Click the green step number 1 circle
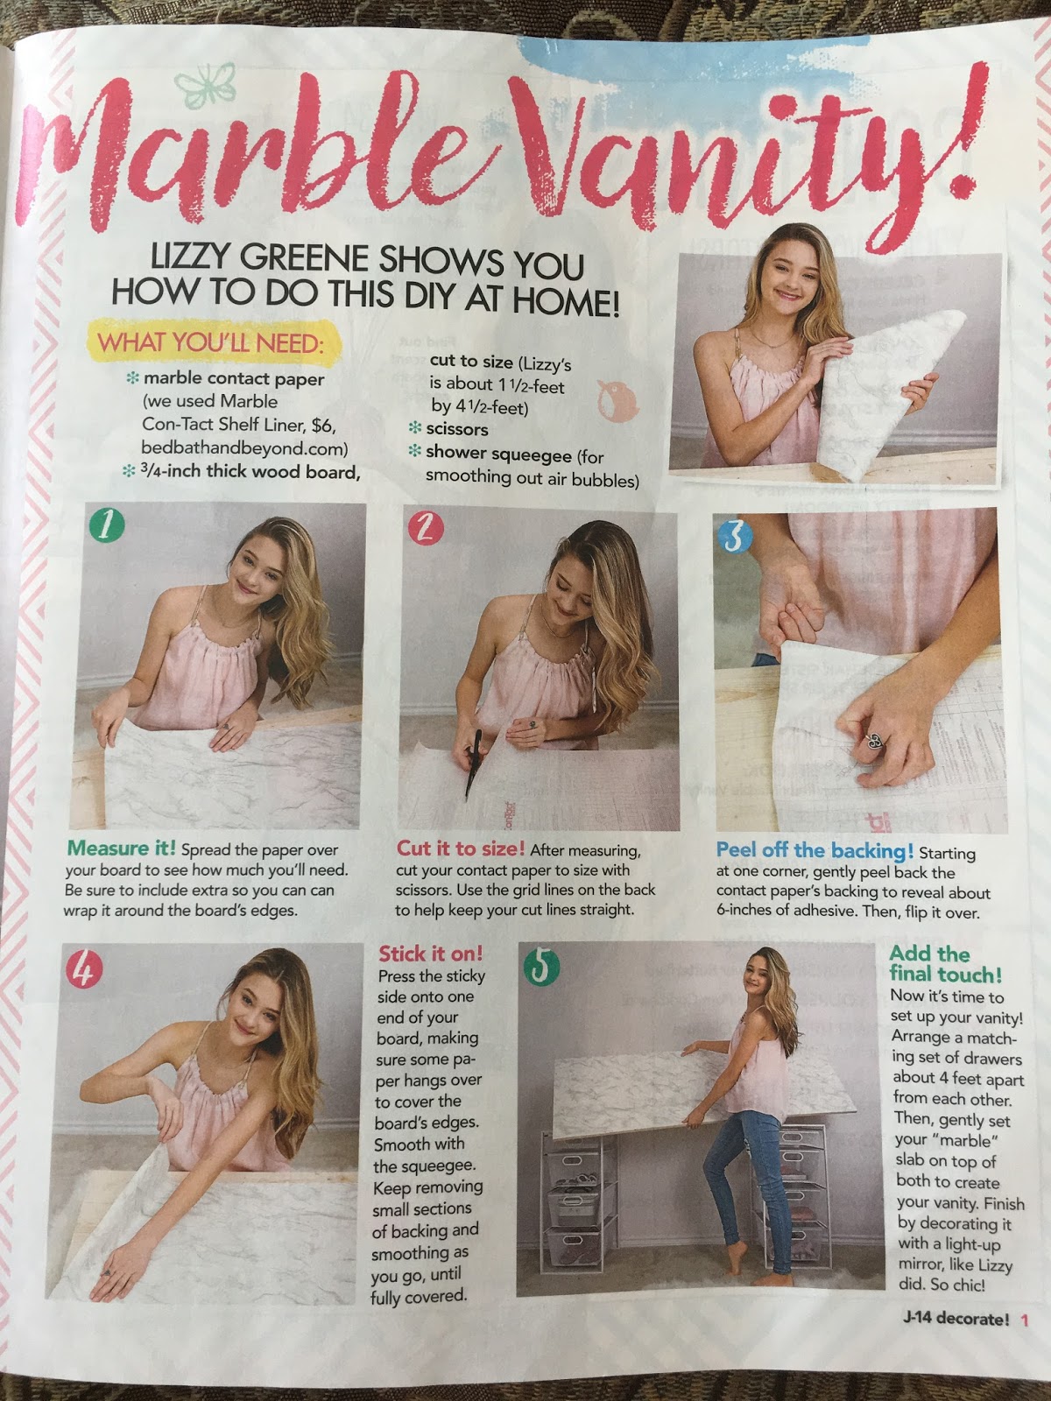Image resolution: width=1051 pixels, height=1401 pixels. pyautogui.click(x=107, y=526)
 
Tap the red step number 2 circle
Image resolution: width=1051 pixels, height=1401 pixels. pyautogui.click(x=425, y=528)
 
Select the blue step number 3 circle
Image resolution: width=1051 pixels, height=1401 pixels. pyautogui.click(x=735, y=535)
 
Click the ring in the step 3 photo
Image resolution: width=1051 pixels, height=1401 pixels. pyautogui.click(x=875, y=741)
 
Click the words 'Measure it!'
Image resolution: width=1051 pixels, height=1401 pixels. pyautogui.click(x=121, y=848)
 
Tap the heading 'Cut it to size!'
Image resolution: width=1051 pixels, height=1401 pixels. pyautogui.click(x=461, y=848)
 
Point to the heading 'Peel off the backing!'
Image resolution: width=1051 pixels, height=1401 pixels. pyautogui.click(x=815, y=850)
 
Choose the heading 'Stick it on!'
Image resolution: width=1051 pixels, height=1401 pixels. pyautogui.click(x=431, y=954)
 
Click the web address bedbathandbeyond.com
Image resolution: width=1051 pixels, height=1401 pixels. pyautogui.click(x=244, y=448)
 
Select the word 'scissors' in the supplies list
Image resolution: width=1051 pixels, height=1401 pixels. pyautogui.click(x=457, y=429)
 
